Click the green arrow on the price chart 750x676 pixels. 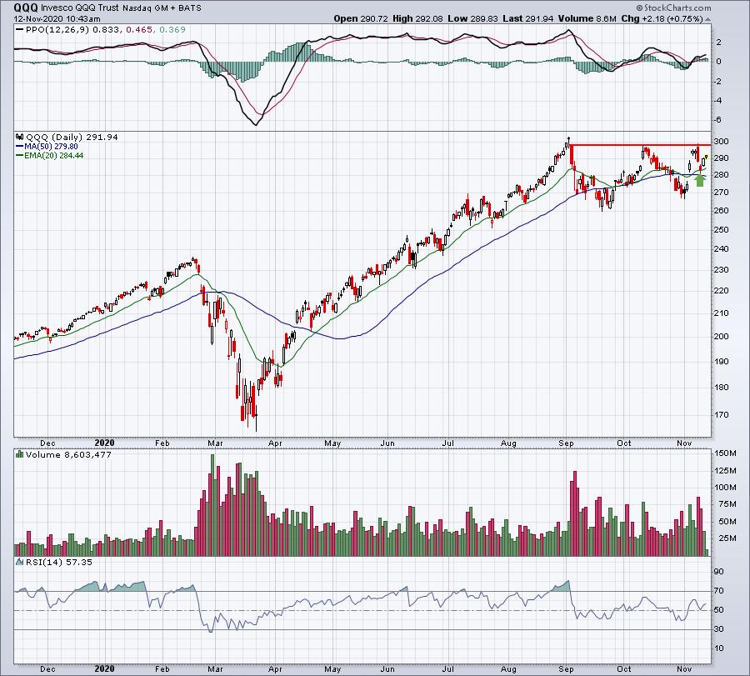click(x=700, y=178)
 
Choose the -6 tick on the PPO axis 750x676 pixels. click(x=717, y=122)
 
